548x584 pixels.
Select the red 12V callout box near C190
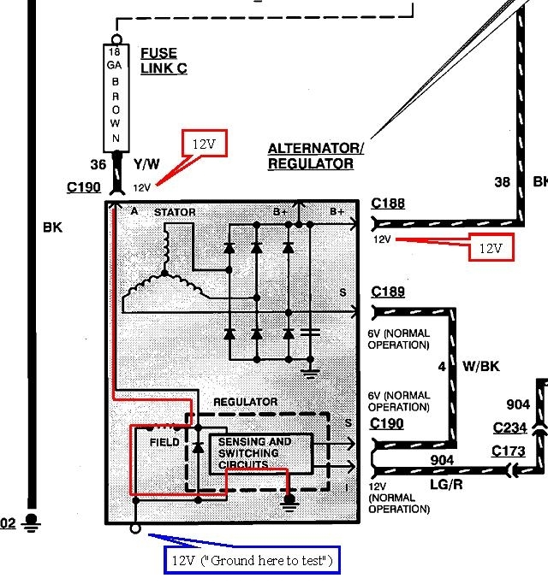[203, 144]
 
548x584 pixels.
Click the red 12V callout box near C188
[490, 247]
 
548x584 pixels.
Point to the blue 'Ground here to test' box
[253, 561]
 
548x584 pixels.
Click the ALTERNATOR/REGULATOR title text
[315, 156]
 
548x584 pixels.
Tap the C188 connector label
[388, 204]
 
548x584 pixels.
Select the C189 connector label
[388, 292]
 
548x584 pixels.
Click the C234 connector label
[510, 428]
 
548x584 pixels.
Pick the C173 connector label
[510, 451]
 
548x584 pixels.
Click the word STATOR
[175, 211]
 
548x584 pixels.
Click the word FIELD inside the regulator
[164, 442]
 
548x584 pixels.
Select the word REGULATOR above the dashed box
[245, 401]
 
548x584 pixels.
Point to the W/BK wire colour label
[480, 367]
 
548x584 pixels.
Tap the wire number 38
[503, 182]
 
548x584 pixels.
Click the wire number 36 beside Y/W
[98, 165]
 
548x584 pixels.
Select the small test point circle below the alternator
[135, 530]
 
